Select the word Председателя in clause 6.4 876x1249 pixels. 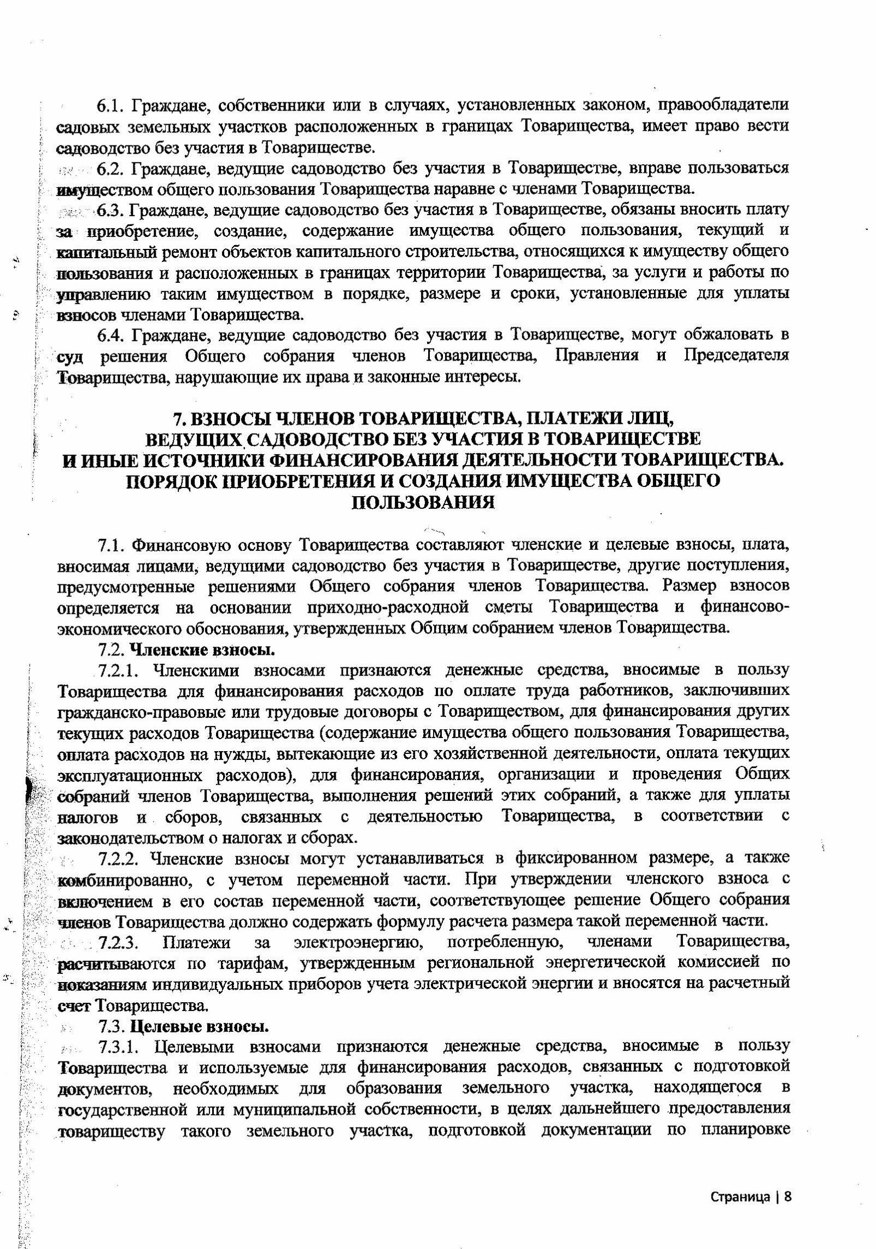coord(737,356)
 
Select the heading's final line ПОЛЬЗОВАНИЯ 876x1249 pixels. coord(423,502)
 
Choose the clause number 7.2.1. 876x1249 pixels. coord(120,671)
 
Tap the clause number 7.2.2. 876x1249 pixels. coord(121,858)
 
